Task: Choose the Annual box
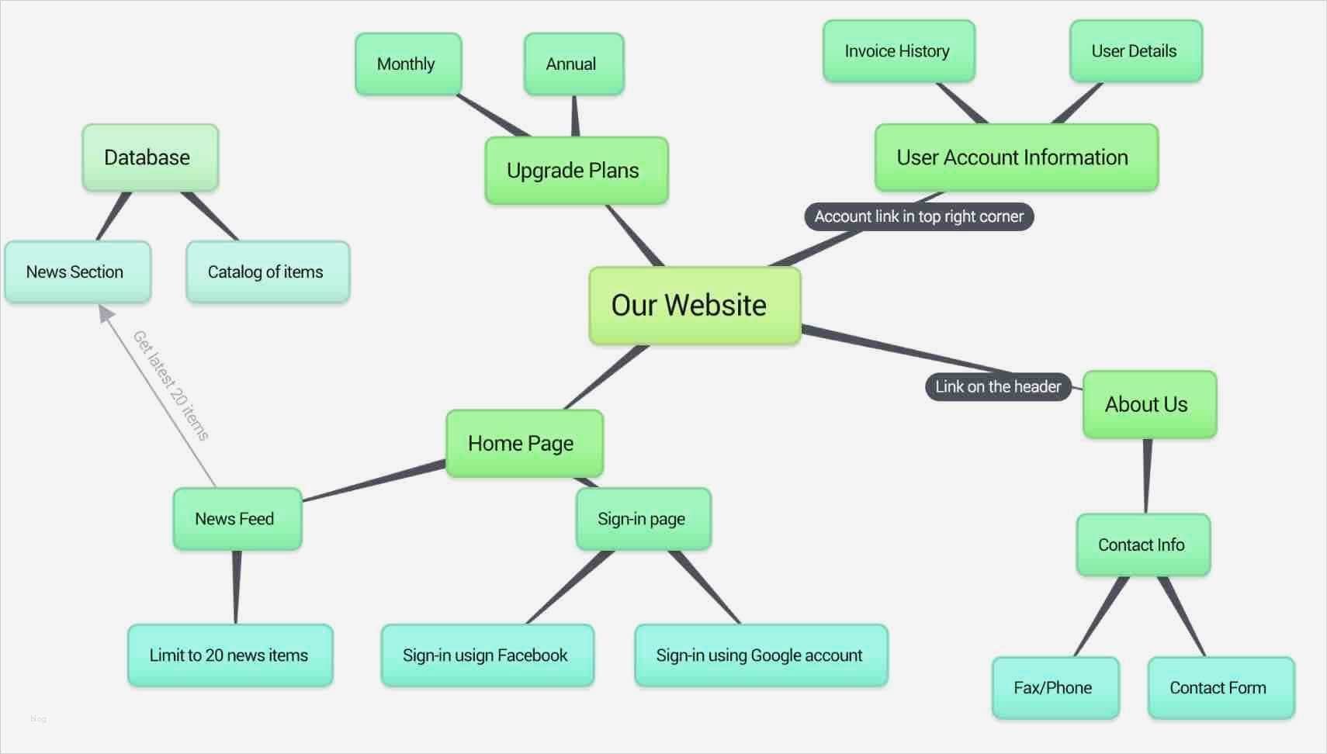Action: click(573, 64)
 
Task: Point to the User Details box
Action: click(1135, 51)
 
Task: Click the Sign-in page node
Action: click(643, 519)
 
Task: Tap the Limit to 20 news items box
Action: click(230, 655)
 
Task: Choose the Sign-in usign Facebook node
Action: click(487, 655)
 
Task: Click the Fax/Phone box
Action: click(1055, 688)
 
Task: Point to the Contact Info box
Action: click(1142, 545)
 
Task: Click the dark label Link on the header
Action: click(998, 386)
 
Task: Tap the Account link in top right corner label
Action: click(919, 216)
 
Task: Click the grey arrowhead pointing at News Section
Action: click(106, 313)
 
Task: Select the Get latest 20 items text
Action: click(171, 386)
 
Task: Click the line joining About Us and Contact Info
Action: click(1146, 476)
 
